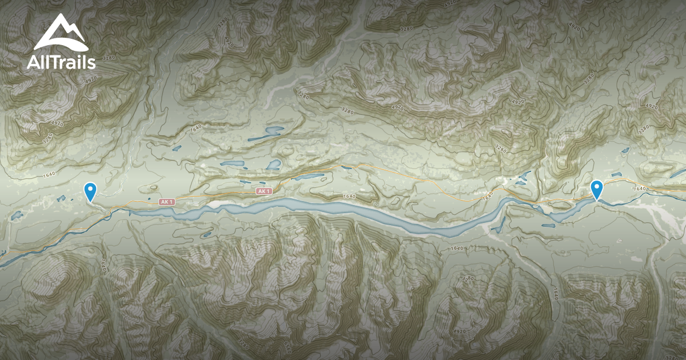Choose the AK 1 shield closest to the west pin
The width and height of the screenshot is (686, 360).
point(166,202)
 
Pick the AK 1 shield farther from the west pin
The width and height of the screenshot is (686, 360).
point(263,191)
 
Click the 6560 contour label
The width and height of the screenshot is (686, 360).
point(288,346)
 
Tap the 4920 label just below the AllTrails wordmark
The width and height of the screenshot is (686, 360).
point(56,122)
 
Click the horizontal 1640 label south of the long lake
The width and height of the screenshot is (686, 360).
point(457,248)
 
